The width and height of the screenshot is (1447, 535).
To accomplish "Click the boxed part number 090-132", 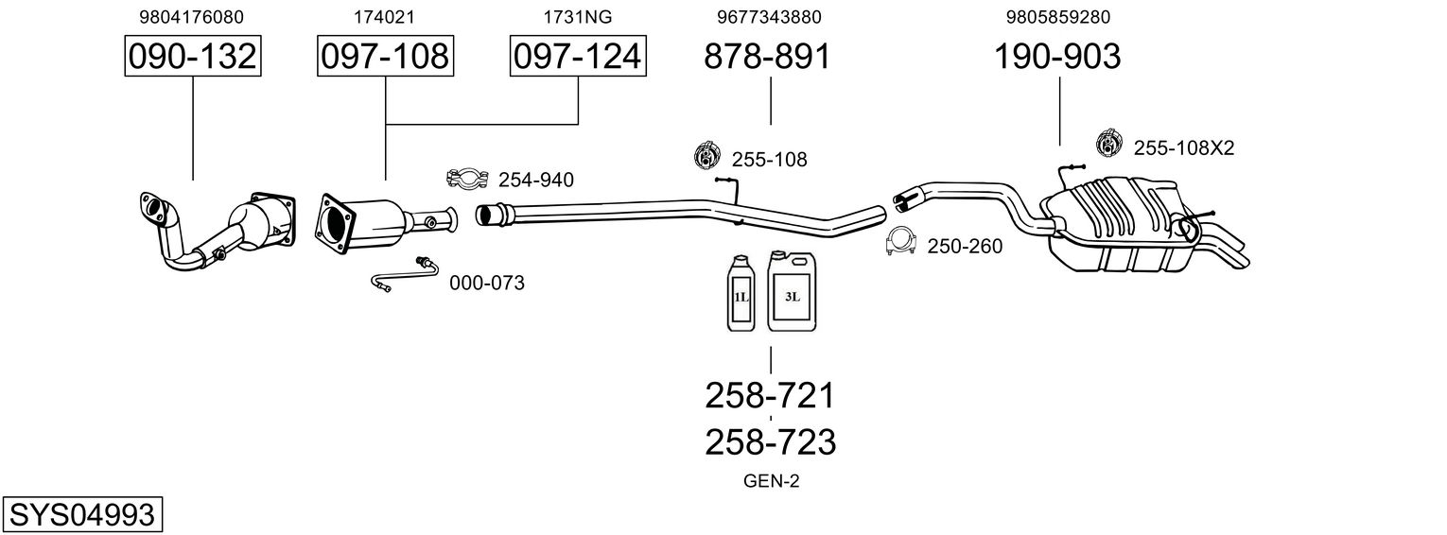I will (193, 57).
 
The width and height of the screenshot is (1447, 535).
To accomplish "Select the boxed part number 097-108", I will (385, 57).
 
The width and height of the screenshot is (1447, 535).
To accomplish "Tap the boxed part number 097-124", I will (577, 57).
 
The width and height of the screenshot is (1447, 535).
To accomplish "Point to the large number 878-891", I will (767, 57).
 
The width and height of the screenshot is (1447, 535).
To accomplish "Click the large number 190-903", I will (1056, 57).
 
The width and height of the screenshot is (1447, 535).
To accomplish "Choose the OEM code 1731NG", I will (576, 17).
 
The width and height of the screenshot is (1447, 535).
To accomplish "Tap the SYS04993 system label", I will (81, 515).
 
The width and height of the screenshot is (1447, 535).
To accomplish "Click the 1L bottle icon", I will (742, 293).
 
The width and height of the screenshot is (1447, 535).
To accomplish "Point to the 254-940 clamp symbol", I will (466, 178).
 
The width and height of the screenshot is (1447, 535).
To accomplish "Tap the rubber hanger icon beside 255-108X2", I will (1108, 144).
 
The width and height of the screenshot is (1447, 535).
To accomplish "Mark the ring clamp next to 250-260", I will (901, 244).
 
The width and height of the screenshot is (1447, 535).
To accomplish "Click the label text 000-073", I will (486, 283).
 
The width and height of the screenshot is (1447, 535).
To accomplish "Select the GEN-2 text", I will (771, 481).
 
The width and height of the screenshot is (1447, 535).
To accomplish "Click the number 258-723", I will (770, 441).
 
